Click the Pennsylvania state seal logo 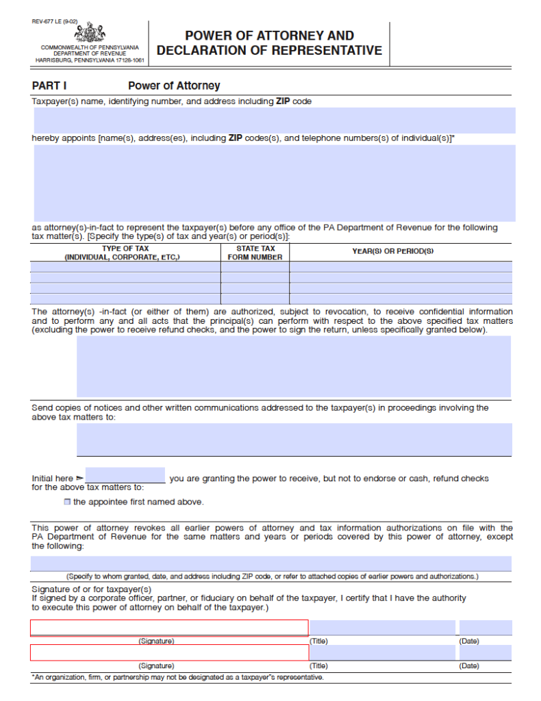[90, 32]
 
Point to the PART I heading [49, 86]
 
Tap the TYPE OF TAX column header [125, 253]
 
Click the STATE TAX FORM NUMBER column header [255, 253]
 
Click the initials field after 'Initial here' [125, 475]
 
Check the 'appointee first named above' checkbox [67, 502]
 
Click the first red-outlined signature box [169, 628]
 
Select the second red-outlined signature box [169, 652]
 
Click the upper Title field [382, 628]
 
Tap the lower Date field [485, 652]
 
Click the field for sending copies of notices [294, 439]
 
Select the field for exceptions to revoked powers [270, 563]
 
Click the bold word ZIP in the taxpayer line [284, 101]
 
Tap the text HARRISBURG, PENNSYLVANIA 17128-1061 [90, 60]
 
